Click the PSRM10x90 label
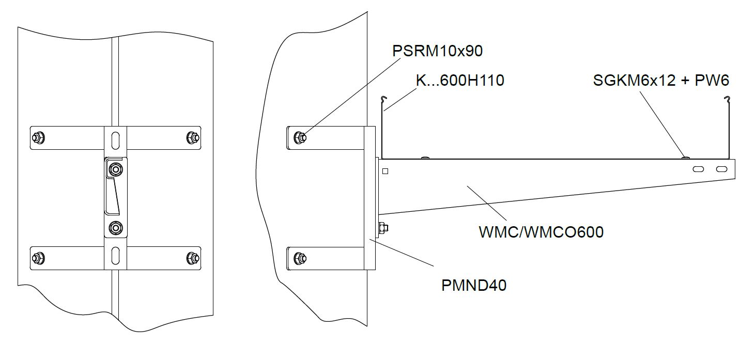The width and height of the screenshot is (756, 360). point(438,52)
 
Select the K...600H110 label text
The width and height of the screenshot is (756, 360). point(460,81)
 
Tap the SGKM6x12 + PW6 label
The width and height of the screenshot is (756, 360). point(661,81)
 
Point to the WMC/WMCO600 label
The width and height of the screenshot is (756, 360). point(541,232)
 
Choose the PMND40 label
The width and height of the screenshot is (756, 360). point(474,286)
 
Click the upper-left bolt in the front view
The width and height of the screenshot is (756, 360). point(38,137)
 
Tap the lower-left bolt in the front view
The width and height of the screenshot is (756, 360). point(38,257)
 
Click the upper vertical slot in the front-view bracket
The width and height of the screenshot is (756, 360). point(116,140)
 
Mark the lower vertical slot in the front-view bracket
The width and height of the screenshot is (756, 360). point(116,256)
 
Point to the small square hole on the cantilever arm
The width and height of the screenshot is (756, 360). point(385,171)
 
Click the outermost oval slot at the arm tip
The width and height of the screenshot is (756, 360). point(721,169)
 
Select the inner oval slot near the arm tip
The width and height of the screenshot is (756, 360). point(698,169)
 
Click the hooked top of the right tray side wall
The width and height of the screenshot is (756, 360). point(728,99)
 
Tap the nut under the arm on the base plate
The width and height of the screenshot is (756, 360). point(383,227)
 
